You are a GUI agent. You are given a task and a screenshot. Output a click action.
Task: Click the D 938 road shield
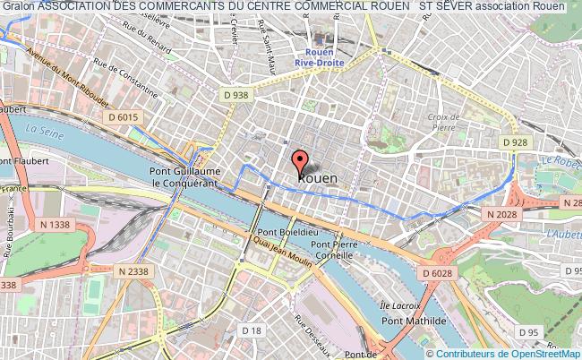(235, 95)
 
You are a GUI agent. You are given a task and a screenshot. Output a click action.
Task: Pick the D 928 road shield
(513, 142)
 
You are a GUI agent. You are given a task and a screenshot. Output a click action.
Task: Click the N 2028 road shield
(502, 215)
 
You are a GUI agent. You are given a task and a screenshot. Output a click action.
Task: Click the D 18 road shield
(254, 331)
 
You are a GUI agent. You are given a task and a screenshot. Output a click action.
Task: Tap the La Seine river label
(43, 131)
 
